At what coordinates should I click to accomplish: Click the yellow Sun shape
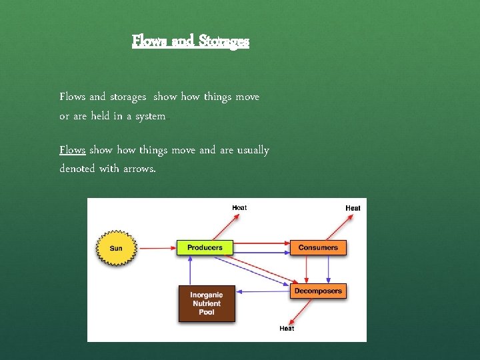coord(116,248)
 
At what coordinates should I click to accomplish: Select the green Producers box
coord(205,247)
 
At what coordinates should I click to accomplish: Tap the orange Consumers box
coord(318,247)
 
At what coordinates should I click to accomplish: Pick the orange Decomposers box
coord(318,291)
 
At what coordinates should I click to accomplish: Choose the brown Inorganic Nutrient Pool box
coord(207,303)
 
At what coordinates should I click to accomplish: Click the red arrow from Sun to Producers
coord(157,248)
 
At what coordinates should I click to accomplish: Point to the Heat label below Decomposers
coord(287,328)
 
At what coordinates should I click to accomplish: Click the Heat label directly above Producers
coord(239,207)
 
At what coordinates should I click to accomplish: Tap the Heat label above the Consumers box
coord(353,208)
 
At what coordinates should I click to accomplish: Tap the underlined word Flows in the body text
coord(72,150)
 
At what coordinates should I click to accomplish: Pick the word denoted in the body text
coord(77,169)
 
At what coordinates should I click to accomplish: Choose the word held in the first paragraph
coord(104,116)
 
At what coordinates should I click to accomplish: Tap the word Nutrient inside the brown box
coord(207,303)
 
